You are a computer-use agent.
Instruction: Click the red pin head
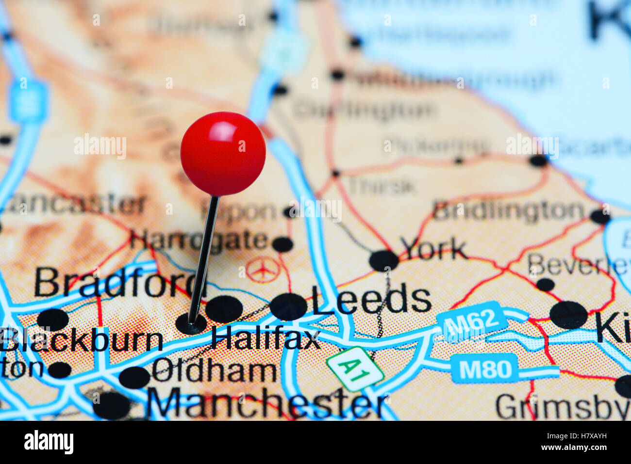[x=223, y=153]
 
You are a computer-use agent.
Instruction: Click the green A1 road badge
[x=355, y=369]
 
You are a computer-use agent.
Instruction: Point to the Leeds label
[x=371, y=299]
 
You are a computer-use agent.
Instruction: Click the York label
[x=433, y=249]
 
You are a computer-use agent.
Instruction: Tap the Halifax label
[x=266, y=337]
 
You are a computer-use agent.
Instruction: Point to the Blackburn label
[x=82, y=340]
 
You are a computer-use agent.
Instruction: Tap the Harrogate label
[x=199, y=240]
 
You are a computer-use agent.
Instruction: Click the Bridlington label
[x=508, y=211]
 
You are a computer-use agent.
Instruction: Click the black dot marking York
[x=383, y=260]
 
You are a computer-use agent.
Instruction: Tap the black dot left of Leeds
[x=288, y=306]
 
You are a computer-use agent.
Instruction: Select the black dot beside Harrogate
[x=282, y=244]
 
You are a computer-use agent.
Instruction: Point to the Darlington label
[x=365, y=110]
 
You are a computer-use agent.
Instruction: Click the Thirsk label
[x=382, y=186]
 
